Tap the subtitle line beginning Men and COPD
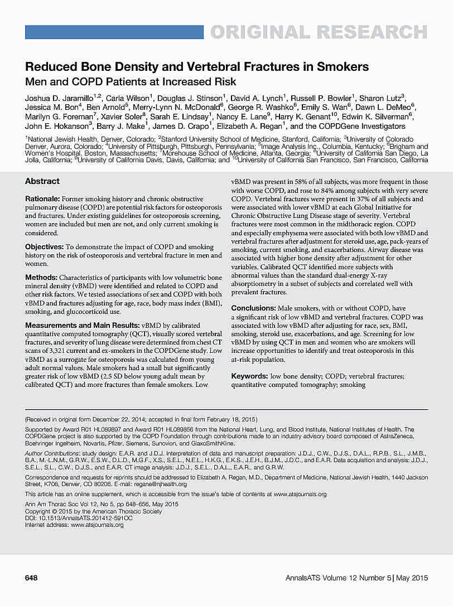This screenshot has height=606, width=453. [131, 82]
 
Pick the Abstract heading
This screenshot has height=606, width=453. [42, 181]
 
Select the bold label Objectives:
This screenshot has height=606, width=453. [44, 246]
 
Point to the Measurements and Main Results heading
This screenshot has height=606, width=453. [83, 325]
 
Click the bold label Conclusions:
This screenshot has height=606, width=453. [254, 308]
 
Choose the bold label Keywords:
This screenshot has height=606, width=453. [249, 376]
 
